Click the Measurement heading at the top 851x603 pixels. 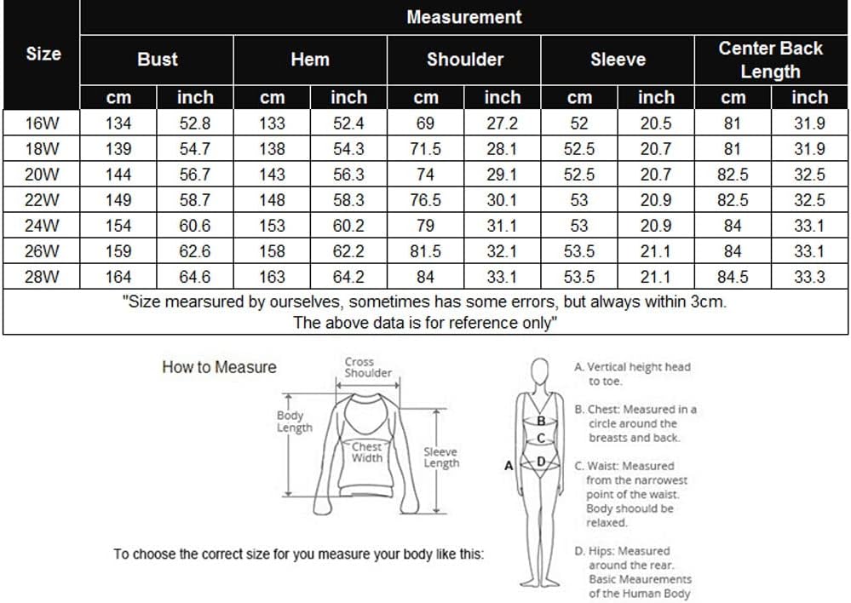tap(464, 17)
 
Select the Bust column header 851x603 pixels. tap(158, 60)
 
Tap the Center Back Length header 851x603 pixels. tap(770, 60)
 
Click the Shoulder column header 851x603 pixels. tap(464, 60)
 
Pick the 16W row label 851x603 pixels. tap(42, 123)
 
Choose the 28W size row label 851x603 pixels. tap(42, 277)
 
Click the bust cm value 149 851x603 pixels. tap(118, 200)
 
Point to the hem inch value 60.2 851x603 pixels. tap(348, 226)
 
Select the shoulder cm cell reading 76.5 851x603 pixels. tap(425, 200)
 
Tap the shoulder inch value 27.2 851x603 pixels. tap(502, 123)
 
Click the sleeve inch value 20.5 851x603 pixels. tap(655, 123)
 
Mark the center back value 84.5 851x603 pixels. tap(733, 277)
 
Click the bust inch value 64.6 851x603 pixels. tap(194, 277)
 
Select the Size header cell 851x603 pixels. tap(43, 54)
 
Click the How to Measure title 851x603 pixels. tap(219, 368)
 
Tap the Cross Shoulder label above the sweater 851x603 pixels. tap(368, 367)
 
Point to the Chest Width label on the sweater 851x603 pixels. tap(367, 452)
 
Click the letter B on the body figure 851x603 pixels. tap(540, 420)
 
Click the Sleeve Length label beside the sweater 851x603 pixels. tap(440, 457)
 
